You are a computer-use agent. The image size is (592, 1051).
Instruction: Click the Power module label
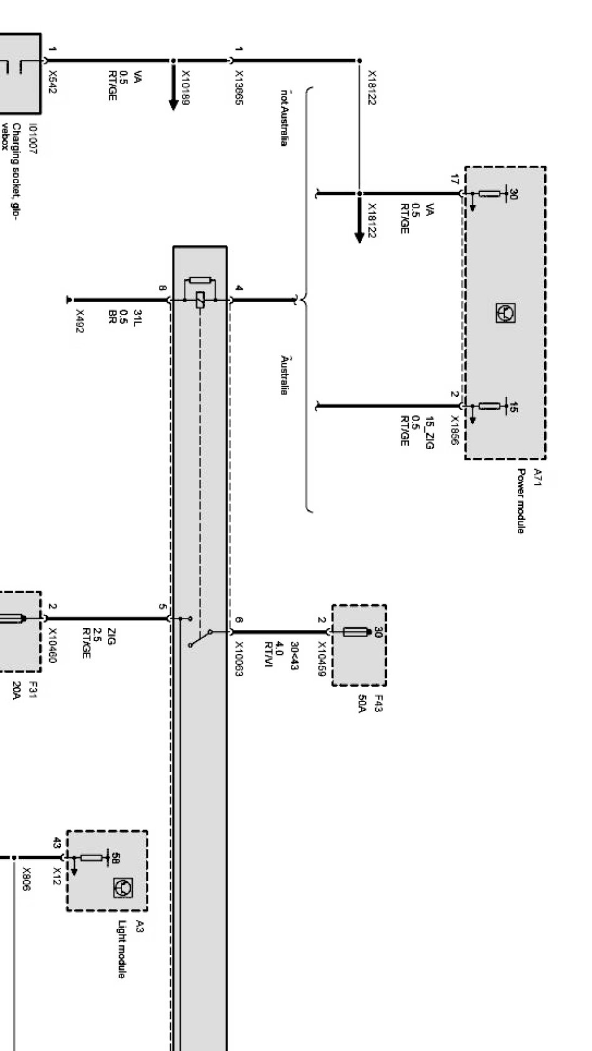click(520, 502)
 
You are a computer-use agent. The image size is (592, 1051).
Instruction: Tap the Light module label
click(122, 949)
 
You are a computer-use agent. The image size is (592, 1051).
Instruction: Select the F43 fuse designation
click(379, 703)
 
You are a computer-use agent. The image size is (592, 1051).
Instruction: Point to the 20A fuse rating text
click(17, 691)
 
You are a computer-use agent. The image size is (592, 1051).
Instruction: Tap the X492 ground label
click(79, 321)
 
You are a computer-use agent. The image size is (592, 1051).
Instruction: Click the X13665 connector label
click(238, 88)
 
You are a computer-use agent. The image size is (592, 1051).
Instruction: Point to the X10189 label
click(185, 88)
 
